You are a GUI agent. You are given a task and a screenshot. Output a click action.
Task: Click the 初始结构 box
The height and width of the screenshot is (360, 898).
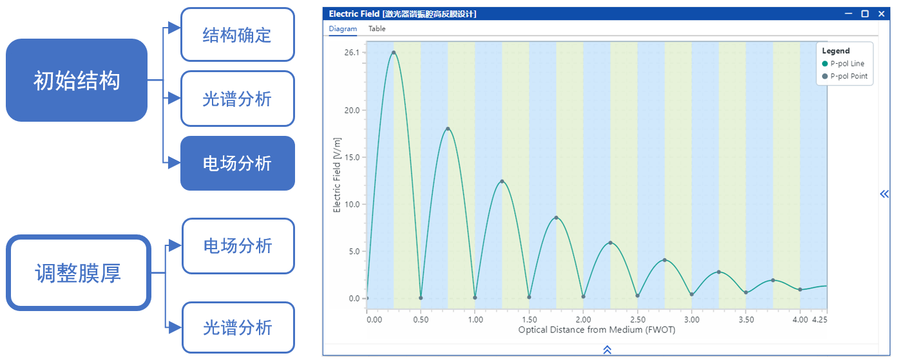pos(77,81)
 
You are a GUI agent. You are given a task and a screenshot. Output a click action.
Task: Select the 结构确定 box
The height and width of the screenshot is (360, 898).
pos(237,35)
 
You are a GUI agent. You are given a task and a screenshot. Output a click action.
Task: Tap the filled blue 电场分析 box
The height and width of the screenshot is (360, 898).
pos(237,164)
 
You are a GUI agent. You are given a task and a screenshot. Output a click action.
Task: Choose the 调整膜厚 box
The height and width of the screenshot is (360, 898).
pos(78,273)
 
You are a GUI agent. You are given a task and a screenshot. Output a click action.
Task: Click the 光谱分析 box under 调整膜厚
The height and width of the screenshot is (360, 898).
pos(238,328)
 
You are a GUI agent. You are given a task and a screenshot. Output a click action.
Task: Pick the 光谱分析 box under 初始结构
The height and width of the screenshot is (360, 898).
pos(237,99)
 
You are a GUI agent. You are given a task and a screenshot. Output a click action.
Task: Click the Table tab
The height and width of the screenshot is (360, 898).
pos(377,29)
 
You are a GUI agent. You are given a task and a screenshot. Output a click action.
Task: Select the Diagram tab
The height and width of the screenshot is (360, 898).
pos(343,29)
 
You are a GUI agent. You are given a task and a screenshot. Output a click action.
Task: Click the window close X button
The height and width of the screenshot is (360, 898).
pos(882,14)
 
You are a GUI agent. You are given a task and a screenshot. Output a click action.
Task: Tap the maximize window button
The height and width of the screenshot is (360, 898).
pos(865,14)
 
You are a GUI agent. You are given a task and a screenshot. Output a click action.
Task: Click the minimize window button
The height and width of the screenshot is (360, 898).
pos(848,14)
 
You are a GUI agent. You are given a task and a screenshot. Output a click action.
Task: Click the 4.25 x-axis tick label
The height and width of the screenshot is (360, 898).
pos(819,319)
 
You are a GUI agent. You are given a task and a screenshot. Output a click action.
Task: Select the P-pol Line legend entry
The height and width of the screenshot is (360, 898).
pos(847,64)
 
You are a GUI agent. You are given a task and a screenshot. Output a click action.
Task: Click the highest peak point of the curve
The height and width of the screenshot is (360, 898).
pos(394,53)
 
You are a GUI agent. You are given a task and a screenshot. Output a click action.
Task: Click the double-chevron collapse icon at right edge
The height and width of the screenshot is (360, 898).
pos(884,194)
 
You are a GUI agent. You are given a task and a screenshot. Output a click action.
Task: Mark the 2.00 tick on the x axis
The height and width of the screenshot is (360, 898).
pos(583,319)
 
